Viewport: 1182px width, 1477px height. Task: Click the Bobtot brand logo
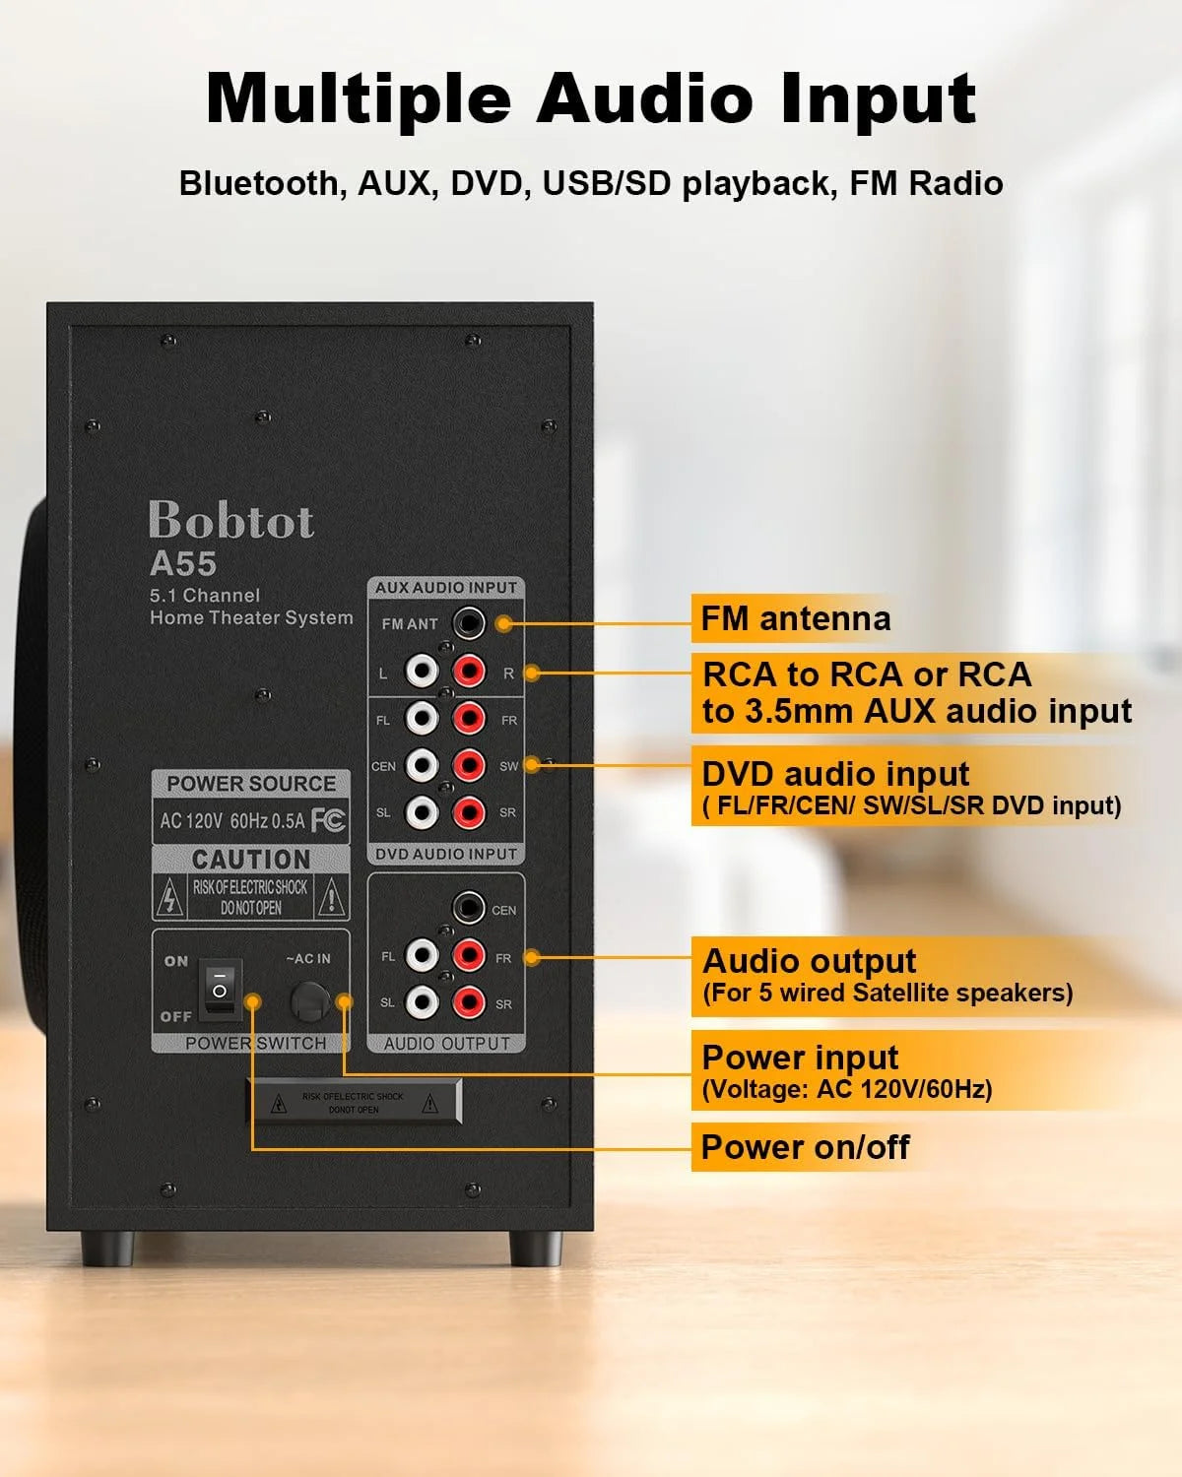(231, 521)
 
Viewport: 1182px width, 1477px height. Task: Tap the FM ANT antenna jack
(468, 623)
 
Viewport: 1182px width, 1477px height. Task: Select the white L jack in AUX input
(422, 673)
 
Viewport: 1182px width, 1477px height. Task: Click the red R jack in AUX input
(469, 673)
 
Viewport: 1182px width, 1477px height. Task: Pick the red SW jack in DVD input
(469, 765)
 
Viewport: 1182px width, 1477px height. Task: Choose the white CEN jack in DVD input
(422, 765)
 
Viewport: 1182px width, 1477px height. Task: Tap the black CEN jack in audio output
(468, 908)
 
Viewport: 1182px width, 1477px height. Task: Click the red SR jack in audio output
(469, 1002)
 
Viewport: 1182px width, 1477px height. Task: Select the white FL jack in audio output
(422, 955)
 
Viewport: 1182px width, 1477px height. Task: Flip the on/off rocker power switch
(220, 989)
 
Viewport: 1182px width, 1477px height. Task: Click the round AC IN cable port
(310, 1001)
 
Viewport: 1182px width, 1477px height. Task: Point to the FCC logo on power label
(328, 820)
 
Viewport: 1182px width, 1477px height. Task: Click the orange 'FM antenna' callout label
(795, 619)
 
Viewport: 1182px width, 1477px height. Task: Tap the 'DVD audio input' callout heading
(835, 775)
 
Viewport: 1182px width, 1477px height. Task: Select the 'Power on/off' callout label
(805, 1147)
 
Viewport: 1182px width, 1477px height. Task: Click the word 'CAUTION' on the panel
(251, 860)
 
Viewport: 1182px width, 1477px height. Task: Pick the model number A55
(183, 564)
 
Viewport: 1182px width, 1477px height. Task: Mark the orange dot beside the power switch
(253, 1001)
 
